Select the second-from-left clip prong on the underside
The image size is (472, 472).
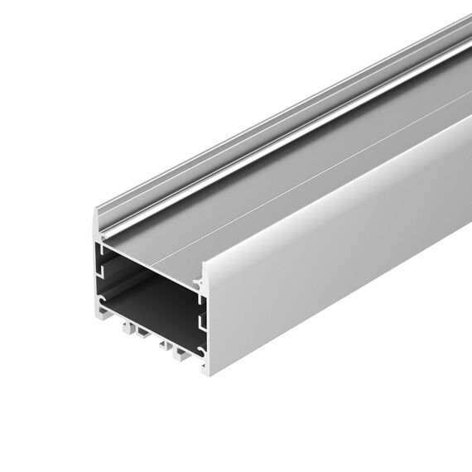(x=142, y=336)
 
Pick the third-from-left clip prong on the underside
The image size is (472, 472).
(x=165, y=349)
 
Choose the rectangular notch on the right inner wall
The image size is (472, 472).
(x=200, y=319)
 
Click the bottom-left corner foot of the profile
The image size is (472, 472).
(x=95, y=314)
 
